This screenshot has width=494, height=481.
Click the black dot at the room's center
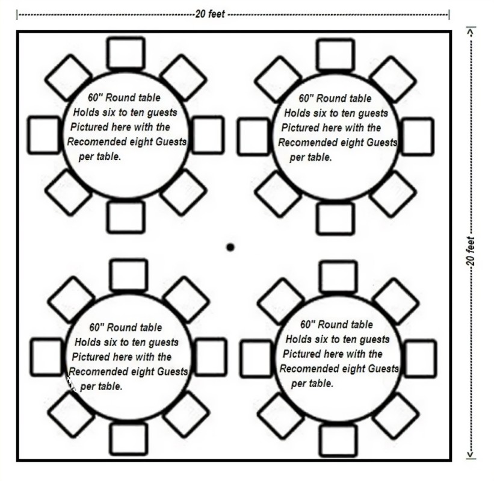(230, 247)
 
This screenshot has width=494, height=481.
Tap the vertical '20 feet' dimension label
(471, 252)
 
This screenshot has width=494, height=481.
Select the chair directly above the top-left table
(126, 53)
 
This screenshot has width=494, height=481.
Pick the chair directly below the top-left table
(126, 217)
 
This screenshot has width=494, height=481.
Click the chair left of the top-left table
(44, 135)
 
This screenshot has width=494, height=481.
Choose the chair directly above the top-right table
(335, 54)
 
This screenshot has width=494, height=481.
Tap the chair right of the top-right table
(418, 135)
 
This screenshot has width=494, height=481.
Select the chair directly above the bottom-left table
(128, 275)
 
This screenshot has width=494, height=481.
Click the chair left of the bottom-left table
(46, 356)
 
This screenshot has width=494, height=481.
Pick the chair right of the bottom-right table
(420, 358)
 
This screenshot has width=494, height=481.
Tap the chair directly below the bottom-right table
(337, 440)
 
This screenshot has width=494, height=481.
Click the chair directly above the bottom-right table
(337, 276)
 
